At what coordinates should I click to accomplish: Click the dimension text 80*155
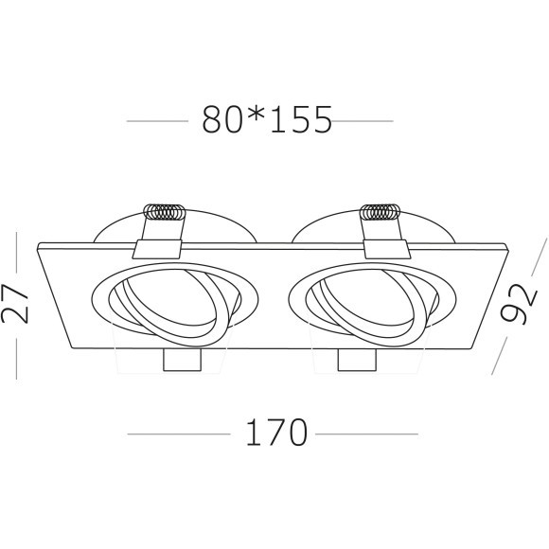(267, 120)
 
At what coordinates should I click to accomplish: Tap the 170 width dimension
(274, 433)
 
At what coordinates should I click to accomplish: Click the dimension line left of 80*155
(157, 121)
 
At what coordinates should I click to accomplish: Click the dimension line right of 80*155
(364, 121)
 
